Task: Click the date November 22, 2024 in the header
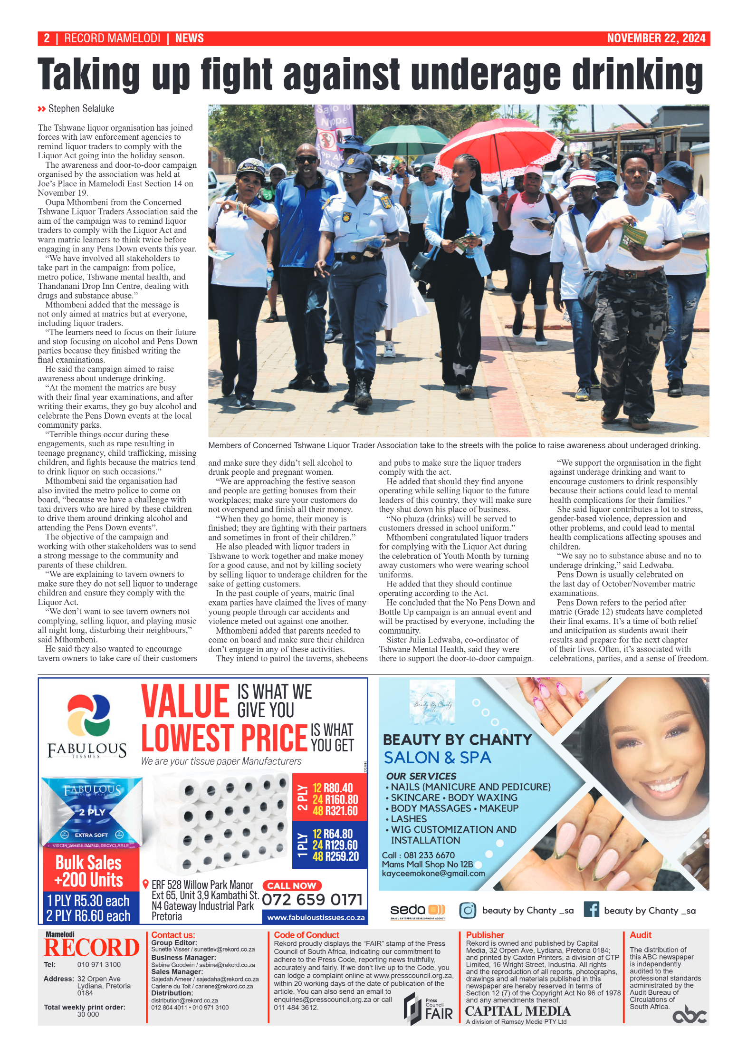(656, 38)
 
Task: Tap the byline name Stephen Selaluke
(81, 109)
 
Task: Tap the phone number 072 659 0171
(312, 900)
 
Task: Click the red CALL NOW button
(292, 885)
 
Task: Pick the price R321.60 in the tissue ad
(341, 811)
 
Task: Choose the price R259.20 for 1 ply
(341, 856)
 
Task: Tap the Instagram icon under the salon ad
(468, 910)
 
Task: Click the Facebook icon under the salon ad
(591, 910)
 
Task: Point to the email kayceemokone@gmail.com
(433, 874)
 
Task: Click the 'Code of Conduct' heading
(306, 935)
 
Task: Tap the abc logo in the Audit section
(690, 1014)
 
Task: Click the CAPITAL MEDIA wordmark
(517, 1011)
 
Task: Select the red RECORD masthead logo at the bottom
(92, 947)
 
